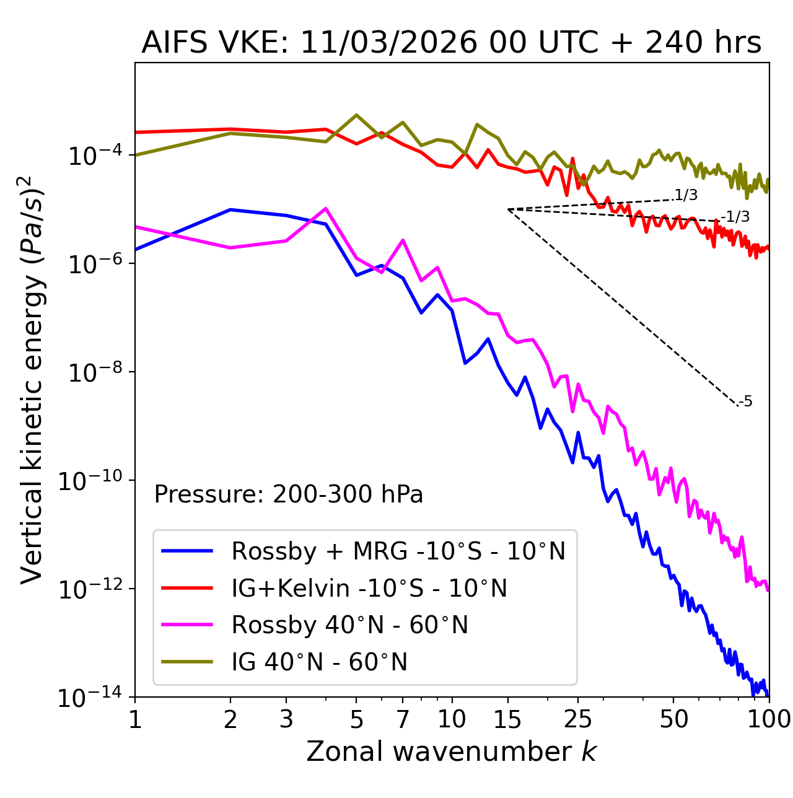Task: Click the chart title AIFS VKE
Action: tap(451, 43)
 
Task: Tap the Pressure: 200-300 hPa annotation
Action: tap(288, 494)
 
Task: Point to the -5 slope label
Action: tap(745, 401)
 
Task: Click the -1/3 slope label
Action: tap(736, 217)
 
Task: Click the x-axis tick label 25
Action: tap(578, 719)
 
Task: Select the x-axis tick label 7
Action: tap(403, 719)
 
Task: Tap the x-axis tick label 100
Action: tap(768, 719)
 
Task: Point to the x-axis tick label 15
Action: tap(507, 719)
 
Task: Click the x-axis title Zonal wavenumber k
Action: tap(451, 752)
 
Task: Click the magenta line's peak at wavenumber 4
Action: tap(326, 208)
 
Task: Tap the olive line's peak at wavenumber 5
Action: tap(356, 115)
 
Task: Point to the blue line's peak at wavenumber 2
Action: tap(230, 209)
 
